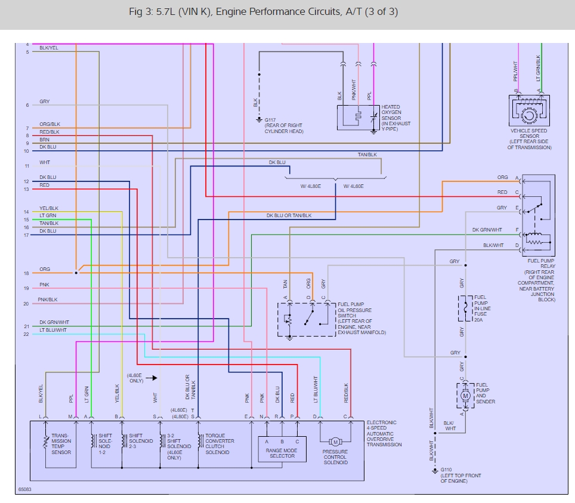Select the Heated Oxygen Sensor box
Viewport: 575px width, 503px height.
(358, 117)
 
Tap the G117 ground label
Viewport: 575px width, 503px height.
(269, 120)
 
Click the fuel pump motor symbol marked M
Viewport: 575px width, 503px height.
(466, 396)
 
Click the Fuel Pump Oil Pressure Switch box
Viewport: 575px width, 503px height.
(306, 319)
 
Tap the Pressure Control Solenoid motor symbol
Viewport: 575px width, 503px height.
(335, 442)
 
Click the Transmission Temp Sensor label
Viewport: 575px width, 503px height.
(61, 444)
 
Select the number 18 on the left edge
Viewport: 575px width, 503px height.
(26, 273)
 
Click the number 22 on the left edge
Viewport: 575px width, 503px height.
(26, 334)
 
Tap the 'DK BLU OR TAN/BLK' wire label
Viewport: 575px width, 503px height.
(289, 215)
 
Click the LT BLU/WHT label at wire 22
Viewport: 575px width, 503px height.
(53, 330)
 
